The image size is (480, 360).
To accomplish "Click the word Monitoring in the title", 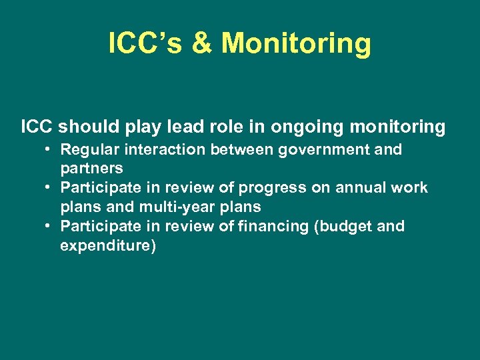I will tap(296, 43).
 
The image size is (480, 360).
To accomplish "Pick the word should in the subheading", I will tap(88, 127).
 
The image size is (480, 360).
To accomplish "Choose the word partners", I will tap(91, 169).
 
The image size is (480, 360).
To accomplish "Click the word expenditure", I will tap(108, 246).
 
